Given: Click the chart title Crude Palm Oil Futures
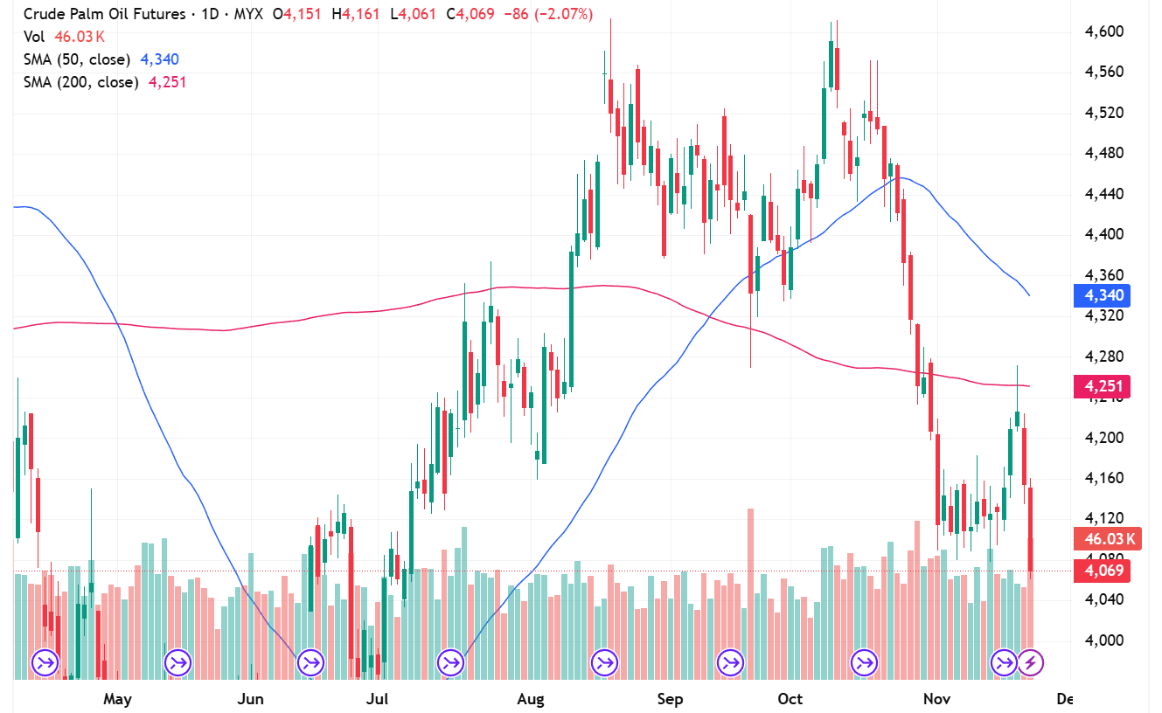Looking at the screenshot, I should click(104, 14).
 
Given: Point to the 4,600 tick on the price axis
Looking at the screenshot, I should click(1103, 31).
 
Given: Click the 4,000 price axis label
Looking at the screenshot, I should click(1103, 640).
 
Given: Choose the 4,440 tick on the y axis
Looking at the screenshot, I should click(1103, 194).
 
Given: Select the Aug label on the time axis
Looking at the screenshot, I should click(531, 699).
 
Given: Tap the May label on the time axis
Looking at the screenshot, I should click(117, 699).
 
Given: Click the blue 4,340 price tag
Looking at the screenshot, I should click(1103, 295).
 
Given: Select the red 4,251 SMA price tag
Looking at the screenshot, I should click(1103, 386).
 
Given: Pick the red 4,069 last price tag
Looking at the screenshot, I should click(1103, 571).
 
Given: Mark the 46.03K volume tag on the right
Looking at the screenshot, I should click(1106, 539).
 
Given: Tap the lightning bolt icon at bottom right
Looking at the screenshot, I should click(1031, 663).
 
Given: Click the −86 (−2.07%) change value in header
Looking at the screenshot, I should click(553, 14).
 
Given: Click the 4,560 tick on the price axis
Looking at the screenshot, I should click(1103, 73).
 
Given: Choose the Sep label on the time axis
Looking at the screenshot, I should click(670, 699).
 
